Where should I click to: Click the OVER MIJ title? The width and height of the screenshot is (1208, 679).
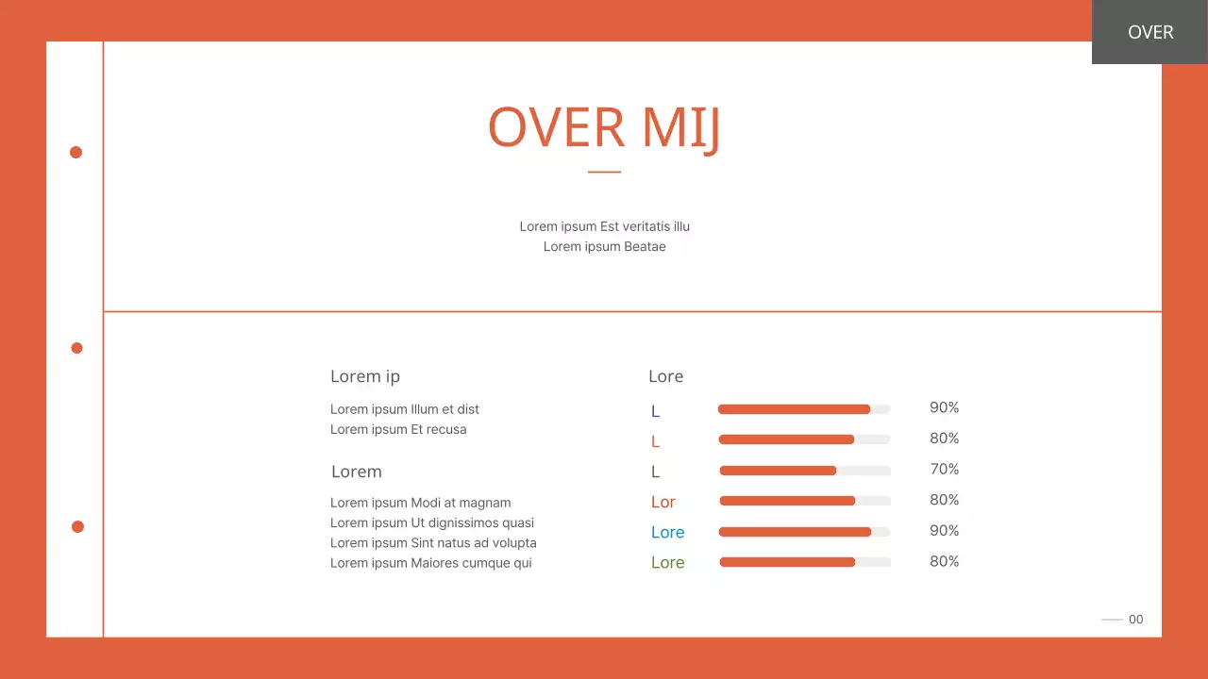604,127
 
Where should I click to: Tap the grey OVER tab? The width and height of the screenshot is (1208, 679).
1149,32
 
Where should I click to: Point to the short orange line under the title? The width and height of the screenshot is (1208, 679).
604,172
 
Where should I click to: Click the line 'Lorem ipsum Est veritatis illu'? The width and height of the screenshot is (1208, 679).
604,226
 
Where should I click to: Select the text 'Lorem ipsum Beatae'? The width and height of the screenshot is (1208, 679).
604,247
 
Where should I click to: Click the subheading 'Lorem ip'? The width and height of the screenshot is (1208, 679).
365,376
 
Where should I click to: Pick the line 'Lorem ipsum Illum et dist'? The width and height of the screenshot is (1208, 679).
405,409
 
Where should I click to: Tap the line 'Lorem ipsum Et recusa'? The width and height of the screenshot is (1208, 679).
398,429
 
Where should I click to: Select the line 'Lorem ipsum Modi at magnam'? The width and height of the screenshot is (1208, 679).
420,503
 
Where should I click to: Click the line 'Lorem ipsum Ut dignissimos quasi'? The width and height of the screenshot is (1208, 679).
432,522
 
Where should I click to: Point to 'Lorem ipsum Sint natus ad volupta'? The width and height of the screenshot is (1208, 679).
433,542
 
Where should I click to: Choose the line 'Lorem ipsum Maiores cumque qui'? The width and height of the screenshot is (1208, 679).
430,563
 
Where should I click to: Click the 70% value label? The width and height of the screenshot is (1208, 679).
944,469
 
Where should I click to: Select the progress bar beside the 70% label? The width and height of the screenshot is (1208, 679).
804,471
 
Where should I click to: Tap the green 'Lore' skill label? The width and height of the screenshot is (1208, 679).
667,563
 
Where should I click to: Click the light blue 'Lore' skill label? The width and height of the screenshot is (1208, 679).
667,533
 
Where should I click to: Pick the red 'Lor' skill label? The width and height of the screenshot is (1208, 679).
663,503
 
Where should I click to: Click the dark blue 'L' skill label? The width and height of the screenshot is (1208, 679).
655,412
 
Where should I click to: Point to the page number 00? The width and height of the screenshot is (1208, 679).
1135,620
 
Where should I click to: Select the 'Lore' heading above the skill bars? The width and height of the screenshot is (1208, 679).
665,376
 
